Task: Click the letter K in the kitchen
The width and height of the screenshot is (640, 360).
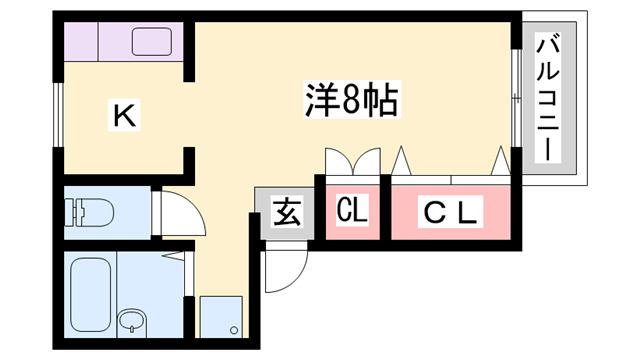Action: [124, 117]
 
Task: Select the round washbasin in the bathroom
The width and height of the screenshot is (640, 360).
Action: [131, 322]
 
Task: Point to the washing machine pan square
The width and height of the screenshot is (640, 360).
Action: [220, 317]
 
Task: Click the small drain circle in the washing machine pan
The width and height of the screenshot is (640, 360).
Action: [233, 329]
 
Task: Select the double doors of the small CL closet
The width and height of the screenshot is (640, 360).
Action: [352, 162]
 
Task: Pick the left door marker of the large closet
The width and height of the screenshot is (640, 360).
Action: [403, 160]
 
